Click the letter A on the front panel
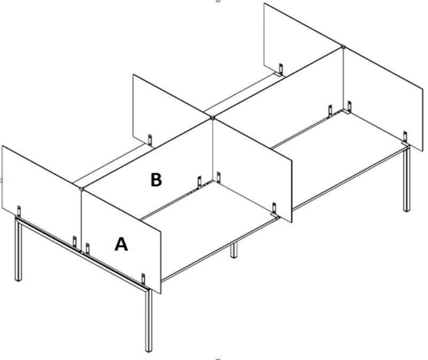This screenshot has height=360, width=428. click(121, 244)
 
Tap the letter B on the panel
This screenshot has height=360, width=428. click(156, 180)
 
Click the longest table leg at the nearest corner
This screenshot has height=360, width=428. click(149, 320)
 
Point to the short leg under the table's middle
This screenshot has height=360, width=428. click(234, 250)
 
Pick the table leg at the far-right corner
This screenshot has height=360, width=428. click(407, 180)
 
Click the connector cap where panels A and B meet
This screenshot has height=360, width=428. click(81, 188)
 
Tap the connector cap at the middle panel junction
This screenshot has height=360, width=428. click(212, 118)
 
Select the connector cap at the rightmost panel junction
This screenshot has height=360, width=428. click(343, 47)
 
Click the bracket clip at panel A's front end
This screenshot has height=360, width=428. click(143, 279)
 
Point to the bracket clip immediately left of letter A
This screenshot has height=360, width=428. click(87, 249)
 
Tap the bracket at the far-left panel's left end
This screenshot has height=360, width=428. click(19, 211)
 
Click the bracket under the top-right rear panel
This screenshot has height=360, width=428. click(281, 70)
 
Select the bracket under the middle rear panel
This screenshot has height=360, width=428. click(150, 140)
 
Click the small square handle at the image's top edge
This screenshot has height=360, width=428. click(218, 1)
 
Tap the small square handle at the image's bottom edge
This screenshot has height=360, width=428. click(218, 359)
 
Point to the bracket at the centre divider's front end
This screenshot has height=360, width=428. click(274, 209)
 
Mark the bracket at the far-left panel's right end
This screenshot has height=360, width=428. click(74, 242)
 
